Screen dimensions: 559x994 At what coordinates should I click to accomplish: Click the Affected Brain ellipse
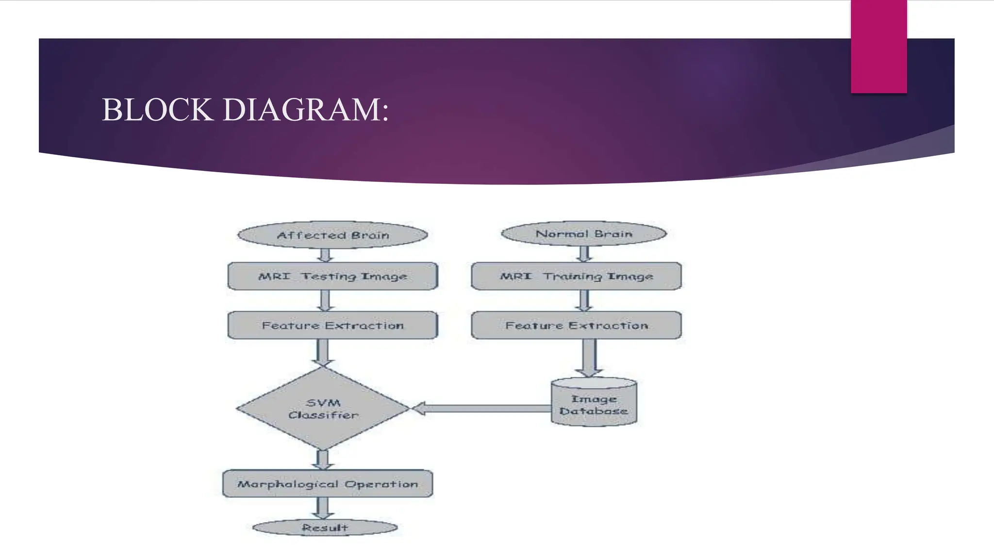point(332,235)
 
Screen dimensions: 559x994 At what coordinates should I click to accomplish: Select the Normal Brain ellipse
point(584,234)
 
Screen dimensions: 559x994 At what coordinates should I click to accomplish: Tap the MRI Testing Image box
point(332,276)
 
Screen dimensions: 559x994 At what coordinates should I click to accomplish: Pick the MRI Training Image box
point(576,276)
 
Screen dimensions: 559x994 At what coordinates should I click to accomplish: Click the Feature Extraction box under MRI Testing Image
point(332,325)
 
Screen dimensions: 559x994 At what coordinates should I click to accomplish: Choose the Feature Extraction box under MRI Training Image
point(576,325)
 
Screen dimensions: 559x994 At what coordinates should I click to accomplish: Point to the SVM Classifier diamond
point(323,409)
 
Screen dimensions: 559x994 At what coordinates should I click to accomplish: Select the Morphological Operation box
point(328,484)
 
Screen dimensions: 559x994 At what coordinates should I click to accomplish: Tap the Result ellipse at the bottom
point(325,527)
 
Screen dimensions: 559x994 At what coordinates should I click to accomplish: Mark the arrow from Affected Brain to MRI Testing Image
point(325,255)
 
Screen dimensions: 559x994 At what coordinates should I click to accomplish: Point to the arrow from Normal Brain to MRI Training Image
point(585,254)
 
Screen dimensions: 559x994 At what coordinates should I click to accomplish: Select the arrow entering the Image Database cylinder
point(589,358)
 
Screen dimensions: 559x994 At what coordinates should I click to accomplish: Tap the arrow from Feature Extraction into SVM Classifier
point(323,352)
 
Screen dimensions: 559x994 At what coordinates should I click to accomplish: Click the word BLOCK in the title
point(158,110)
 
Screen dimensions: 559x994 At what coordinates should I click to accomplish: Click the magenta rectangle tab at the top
point(878,47)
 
